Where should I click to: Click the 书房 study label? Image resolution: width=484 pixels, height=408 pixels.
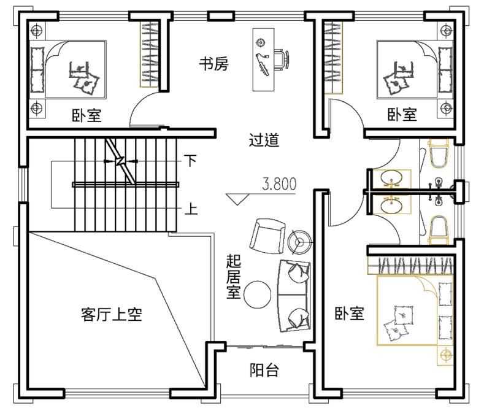pos(213,64)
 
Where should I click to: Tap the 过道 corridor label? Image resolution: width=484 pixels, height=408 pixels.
pos(264,140)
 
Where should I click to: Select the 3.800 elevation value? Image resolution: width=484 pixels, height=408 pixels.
pos(279,183)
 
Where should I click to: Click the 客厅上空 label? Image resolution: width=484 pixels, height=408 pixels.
pos(112,315)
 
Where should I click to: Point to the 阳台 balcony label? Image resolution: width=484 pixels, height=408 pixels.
pos(264,370)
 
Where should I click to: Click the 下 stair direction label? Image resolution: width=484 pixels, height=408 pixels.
pos(191,161)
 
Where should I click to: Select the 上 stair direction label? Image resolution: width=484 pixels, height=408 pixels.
pos(191,210)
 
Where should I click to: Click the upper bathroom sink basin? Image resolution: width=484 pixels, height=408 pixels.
pos(393,179)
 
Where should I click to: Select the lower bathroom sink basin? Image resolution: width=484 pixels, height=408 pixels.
pos(393,206)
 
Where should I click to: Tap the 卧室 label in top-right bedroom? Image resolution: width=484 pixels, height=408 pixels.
pos(402,114)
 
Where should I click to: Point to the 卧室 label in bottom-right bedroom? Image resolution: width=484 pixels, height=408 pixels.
pos(349,314)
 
